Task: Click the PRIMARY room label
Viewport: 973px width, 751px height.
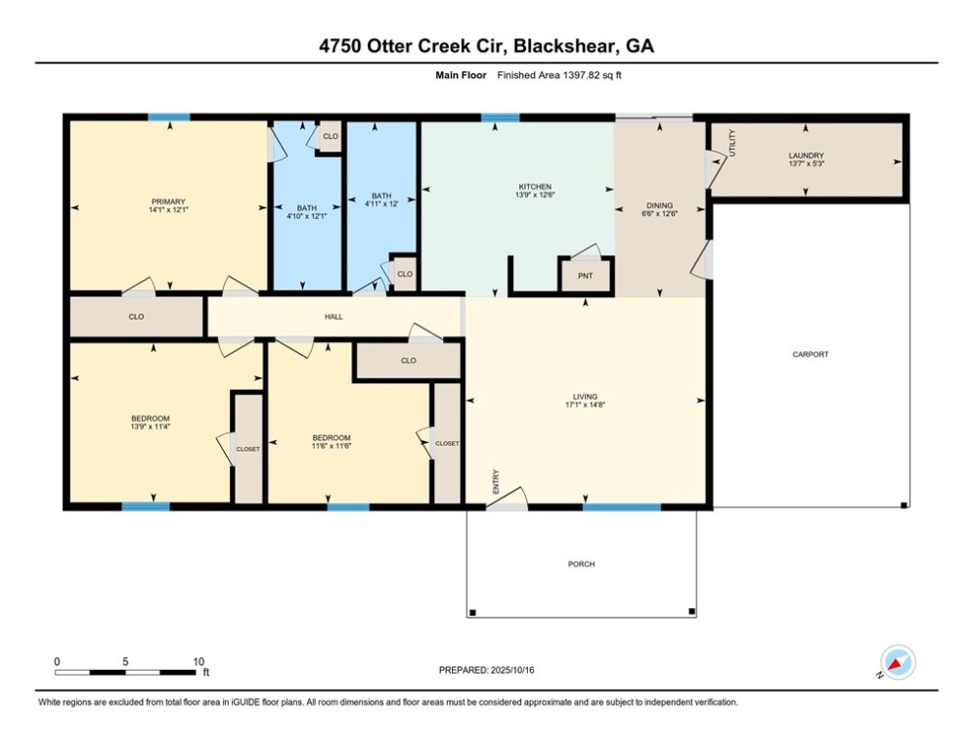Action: click(166, 201)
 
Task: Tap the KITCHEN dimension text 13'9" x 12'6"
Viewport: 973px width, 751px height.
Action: click(534, 196)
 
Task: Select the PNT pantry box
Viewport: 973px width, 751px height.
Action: click(585, 276)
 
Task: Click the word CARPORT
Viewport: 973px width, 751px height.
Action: click(810, 354)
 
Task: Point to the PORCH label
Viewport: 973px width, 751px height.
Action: click(581, 564)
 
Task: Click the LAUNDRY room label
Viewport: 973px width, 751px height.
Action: click(806, 155)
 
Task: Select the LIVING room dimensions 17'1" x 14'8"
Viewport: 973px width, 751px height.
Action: click(585, 406)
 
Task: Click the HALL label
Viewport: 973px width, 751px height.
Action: click(333, 317)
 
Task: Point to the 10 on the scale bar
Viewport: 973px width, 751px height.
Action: click(199, 661)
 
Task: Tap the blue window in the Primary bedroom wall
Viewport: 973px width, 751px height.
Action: click(168, 117)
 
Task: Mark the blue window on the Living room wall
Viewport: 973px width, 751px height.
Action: click(622, 507)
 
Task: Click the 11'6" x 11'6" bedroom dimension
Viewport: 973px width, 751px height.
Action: click(331, 446)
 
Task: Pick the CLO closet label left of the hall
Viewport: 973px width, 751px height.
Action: click(137, 317)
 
